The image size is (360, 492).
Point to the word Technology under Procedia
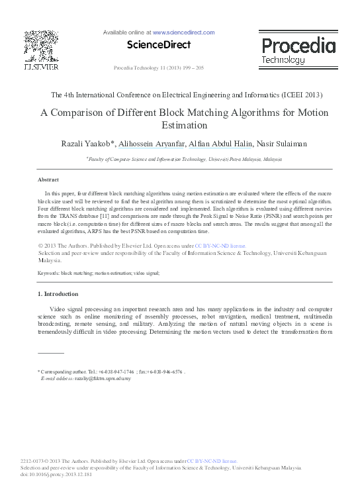click(x=283, y=60)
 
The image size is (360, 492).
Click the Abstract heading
click(x=48, y=180)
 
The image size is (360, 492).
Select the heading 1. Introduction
click(x=58, y=293)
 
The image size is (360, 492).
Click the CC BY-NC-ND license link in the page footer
click(x=212, y=460)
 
